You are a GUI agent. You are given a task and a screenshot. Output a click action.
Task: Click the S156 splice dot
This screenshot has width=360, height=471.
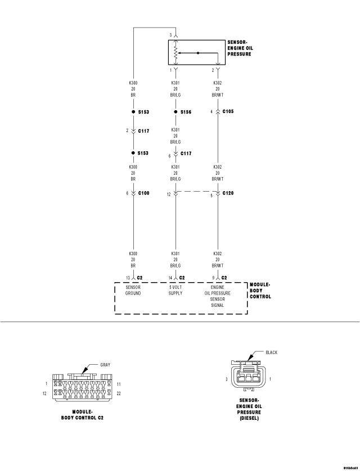(x=175, y=112)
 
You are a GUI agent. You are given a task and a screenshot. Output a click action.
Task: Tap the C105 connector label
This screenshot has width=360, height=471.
(x=228, y=111)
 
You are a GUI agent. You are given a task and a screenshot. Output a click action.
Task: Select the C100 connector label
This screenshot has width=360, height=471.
(x=143, y=193)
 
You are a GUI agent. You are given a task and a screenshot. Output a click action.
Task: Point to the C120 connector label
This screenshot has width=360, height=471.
(x=228, y=193)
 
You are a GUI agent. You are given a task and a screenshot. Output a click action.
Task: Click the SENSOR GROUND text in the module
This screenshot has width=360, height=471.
(x=133, y=290)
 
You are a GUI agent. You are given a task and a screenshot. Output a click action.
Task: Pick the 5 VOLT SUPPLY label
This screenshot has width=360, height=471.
(x=175, y=290)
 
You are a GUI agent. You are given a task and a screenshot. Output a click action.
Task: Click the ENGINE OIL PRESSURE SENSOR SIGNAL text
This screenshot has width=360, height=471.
(x=217, y=296)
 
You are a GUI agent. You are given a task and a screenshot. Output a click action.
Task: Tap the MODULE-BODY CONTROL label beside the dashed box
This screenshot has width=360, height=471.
(x=260, y=291)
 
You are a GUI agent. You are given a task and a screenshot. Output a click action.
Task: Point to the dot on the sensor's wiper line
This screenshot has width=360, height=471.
(x=198, y=53)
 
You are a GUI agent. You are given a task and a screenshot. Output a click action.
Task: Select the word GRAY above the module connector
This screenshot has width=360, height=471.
(x=105, y=365)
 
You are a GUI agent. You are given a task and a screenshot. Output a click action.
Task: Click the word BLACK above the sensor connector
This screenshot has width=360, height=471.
(x=271, y=352)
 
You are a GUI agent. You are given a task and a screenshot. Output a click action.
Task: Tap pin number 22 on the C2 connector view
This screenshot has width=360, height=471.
(x=118, y=393)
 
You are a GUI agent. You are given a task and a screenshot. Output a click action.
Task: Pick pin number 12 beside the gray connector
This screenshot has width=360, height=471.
(x=44, y=393)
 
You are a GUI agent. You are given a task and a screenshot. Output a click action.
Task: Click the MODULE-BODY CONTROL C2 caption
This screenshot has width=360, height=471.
(x=82, y=415)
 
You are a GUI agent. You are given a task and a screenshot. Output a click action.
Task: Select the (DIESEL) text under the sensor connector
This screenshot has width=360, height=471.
(x=249, y=418)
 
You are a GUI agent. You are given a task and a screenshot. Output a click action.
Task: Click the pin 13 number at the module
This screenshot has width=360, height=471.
(x=128, y=278)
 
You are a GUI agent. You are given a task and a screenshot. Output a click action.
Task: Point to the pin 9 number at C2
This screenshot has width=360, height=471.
(x=213, y=278)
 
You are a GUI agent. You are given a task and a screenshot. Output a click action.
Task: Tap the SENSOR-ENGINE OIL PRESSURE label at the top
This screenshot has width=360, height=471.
(x=240, y=48)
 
